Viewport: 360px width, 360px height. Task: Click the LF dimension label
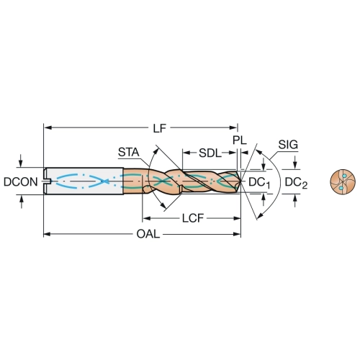(160, 128)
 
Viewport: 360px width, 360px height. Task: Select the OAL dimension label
(148, 234)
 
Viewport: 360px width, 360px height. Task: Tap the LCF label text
(193, 218)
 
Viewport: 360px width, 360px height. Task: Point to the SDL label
(210, 153)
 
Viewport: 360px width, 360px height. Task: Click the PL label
(240, 140)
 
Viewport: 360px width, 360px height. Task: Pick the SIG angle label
(288, 145)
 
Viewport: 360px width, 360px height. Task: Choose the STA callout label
(129, 152)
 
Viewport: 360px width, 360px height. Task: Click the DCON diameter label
(21, 182)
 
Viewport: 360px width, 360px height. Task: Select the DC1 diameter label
(259, 183)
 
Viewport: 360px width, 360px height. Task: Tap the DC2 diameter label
(296, 183)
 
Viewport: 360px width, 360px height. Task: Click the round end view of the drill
(343, 182)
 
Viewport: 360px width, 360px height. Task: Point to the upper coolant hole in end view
(345, 176)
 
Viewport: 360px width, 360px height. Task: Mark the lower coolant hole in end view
(341, 188)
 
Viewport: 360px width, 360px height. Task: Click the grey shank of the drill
(84, 181)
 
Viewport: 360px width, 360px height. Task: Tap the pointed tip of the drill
(241, 181)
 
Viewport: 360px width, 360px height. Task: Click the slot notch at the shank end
(48, 181)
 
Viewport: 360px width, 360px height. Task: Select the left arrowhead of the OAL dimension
(47, 234)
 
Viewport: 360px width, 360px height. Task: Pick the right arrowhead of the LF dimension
(234, 127)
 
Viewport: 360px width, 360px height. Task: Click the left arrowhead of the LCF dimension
(146, 218)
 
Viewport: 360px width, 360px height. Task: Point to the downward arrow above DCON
(21, 161)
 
